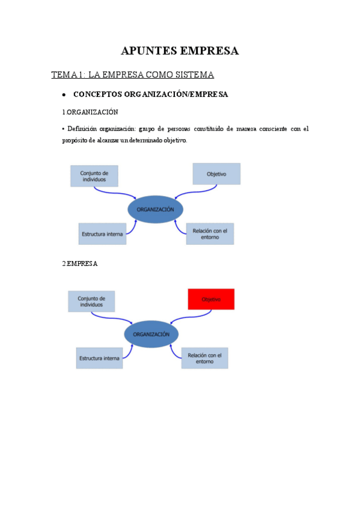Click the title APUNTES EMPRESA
click(180, 51)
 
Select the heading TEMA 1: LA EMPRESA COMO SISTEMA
click(133, 75)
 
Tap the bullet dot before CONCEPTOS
click(63, 95)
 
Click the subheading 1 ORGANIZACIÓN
click(90, 112)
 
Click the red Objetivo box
click(211, 299)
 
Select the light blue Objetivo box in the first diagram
click(216, 174)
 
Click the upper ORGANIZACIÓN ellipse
click(155, 209)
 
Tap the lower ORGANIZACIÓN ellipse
click(151, 334)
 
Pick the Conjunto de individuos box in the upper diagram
click(94, 175)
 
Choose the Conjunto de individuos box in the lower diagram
click(91, 301)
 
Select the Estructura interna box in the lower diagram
click(99, 358)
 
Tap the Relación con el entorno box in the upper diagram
click(210, 234)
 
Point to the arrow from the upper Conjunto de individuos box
click(117, 192)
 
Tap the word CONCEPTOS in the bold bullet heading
click(97, 95)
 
